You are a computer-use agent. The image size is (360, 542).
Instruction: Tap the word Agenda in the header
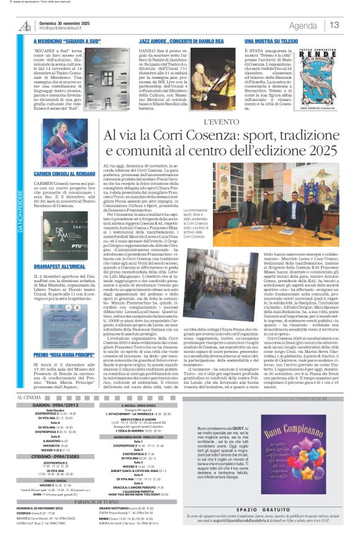tap(303, 25)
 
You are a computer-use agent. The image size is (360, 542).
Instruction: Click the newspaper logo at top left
tap(25, 25)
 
